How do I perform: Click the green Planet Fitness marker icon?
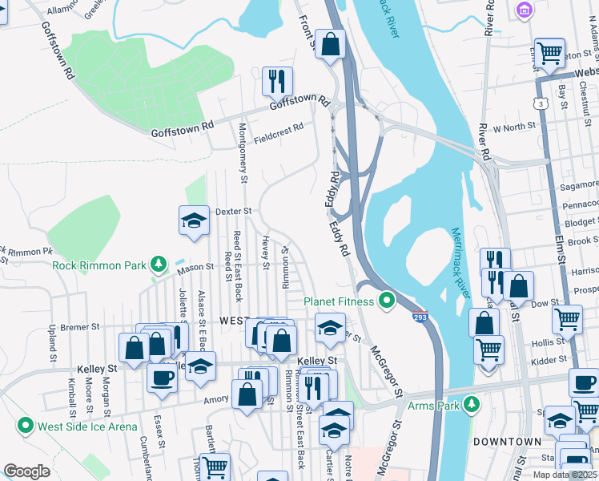[x=387, y=301]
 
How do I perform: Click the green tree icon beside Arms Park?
[x=472, y=404]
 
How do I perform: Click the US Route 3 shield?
[x=544, y=104]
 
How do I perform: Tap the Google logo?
[x=26, y=471]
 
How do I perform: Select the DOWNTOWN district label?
[x=506, y=442]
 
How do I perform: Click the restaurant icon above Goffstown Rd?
[x=276, y=81]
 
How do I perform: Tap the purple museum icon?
[x=525, y=10]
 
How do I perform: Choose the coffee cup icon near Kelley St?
[x=161, y=378]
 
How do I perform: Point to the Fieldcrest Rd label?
[x=279, y=133]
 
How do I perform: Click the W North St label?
[x=513, y=128]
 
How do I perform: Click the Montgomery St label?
[x=243, y=156]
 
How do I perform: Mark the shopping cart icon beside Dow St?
[x=567, y=318]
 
